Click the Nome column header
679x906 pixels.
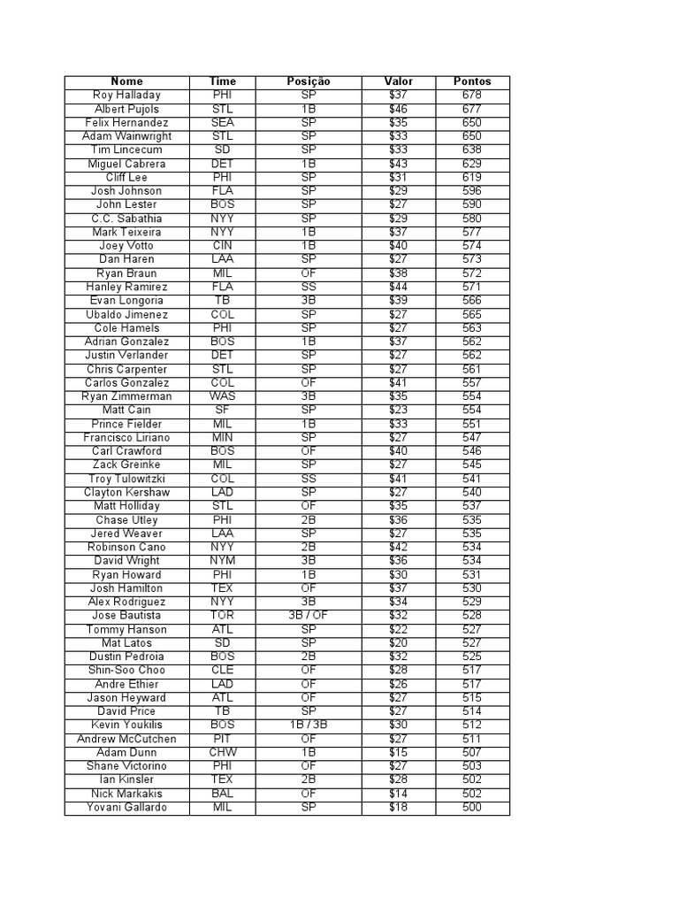(126, 81)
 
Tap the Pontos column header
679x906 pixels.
(472, 81)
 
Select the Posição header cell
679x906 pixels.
(309, 81)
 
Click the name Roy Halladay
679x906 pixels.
(126, 95)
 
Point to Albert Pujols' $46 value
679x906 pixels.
(399, 109)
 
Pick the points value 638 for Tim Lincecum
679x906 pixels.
(472, 150)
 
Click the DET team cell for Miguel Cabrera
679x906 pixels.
(223, 164)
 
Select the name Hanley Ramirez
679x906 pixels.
(126, 287)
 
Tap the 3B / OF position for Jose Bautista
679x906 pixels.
(309, 615)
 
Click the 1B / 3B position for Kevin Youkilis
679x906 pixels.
(309, 725)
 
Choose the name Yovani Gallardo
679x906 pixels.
(126, 807)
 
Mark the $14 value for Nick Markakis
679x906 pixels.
(399, 794)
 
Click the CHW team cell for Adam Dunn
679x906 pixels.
(223, 752)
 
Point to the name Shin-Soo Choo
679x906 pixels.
(126, 670)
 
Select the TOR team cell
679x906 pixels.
(223, 615)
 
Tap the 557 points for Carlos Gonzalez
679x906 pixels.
(472, 382)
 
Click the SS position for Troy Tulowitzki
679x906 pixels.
(309, 479)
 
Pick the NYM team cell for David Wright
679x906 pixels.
(223, 560)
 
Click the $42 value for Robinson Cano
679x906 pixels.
(399, 547)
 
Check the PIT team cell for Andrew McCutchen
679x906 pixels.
(223, 739)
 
